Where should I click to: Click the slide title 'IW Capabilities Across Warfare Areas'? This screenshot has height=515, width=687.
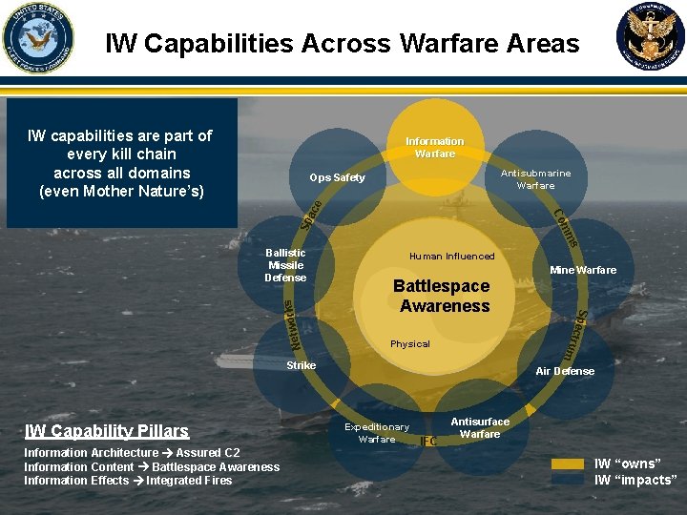342,44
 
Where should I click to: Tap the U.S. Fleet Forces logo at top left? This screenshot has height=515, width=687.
37,37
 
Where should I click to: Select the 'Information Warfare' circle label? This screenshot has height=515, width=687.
434,148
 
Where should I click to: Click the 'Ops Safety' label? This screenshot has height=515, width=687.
337,178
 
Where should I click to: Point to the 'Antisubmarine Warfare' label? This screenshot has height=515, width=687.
535,179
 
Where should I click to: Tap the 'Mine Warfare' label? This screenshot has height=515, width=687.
583,270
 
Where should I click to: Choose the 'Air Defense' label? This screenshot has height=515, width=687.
565,371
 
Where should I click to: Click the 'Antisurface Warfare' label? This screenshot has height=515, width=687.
480,427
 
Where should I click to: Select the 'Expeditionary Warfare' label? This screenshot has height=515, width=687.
377,433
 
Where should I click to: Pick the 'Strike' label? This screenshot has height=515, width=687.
301,365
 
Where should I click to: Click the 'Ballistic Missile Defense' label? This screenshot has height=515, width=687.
285,265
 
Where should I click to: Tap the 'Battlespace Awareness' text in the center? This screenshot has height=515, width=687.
443,296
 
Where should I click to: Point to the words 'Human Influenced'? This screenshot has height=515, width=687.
451,256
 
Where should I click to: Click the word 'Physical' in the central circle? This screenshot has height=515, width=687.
410,343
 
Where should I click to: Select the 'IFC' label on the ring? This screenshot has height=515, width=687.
428,442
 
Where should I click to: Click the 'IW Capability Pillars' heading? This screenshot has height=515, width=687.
107,431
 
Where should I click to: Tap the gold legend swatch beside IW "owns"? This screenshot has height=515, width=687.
568,464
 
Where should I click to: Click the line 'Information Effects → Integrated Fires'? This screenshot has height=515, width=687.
128,480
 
